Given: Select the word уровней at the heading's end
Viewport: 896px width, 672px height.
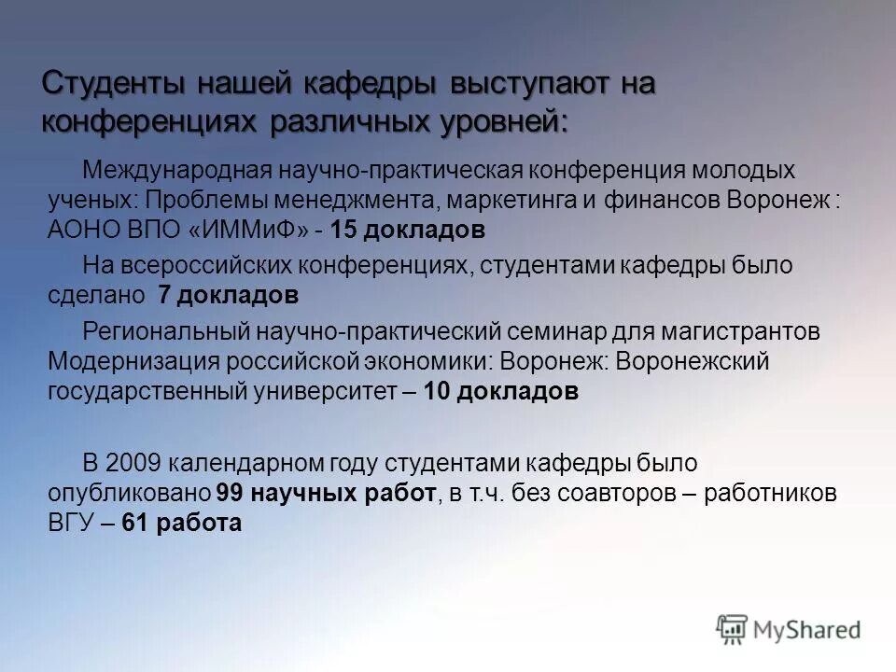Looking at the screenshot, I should [x=498, y=121].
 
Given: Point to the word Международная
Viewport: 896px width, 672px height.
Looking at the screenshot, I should [x=178, y=171].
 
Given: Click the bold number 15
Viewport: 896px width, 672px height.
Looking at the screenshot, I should [x=343, y=231].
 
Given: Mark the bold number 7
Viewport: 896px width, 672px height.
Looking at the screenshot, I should [x=164, y=296].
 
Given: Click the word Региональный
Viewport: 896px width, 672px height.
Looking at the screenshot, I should [x=161, y=331].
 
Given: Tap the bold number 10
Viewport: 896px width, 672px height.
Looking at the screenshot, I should [x=437, y=392].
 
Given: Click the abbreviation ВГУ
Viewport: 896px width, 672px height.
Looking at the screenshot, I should [x=68, y=524].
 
